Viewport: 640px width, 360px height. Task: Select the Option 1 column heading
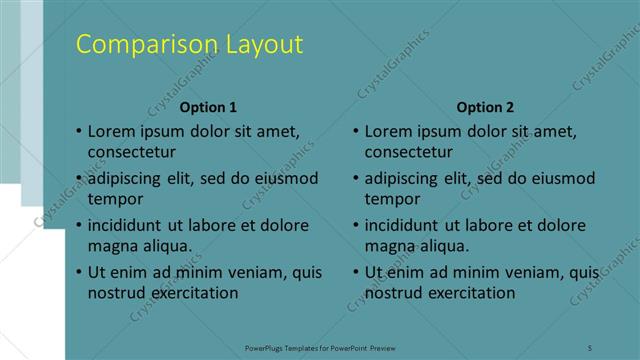coord(209,107)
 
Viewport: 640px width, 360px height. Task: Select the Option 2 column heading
coord(485,107)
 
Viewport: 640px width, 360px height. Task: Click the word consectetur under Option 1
coord(132,152)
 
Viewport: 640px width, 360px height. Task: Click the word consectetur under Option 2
coord(409,152)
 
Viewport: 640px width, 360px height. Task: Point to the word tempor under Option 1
coord(115,198)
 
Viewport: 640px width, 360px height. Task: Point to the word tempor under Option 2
coord(392,198)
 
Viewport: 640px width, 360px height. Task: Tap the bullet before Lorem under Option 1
coord(79,131)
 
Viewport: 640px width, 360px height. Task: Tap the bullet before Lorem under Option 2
coord(356,131)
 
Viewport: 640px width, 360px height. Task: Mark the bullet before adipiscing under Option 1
coord(79,179)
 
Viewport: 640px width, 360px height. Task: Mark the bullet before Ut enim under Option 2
coord(356,272)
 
